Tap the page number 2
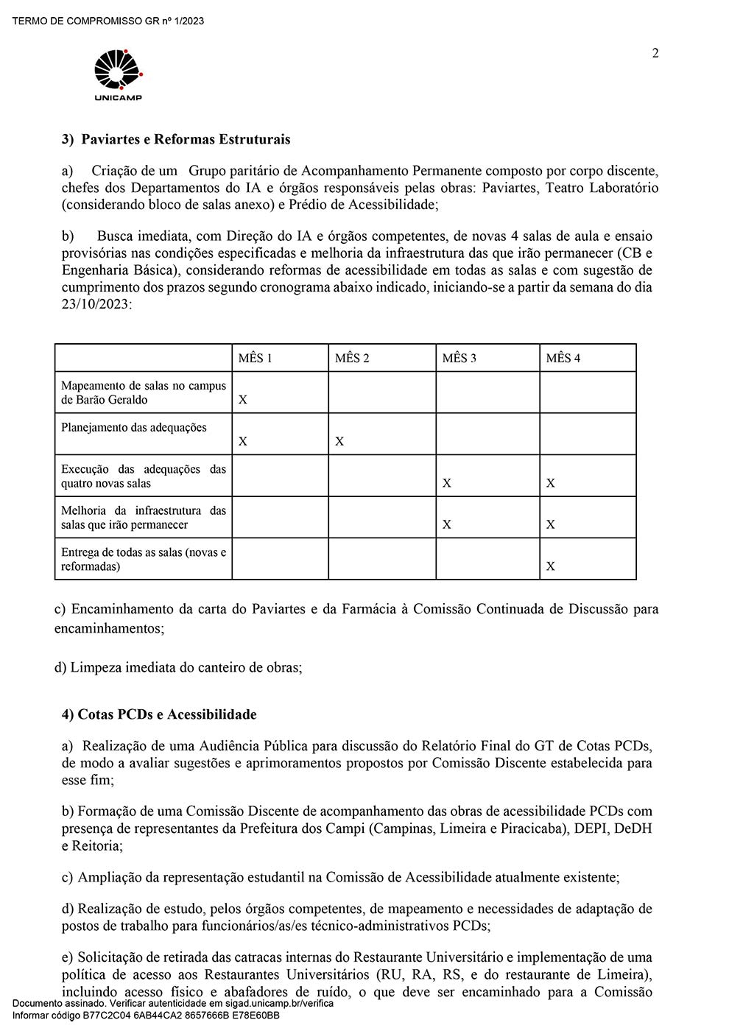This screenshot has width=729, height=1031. click(x=655, y=53)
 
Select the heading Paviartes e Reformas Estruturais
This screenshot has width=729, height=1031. click(x=185, y=139)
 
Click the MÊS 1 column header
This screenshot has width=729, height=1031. click(x=255, y=358)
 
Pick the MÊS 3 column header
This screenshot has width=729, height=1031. click(x=459, y=358)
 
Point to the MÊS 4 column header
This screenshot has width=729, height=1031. click(x=563, y=358)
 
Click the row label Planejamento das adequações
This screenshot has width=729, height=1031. click(x=134, y=428)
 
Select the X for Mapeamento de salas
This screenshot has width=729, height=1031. click(x=243, y=400)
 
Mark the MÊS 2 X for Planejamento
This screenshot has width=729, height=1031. click(x=339, y=441)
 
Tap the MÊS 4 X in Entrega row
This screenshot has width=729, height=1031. click(x=551, y=566)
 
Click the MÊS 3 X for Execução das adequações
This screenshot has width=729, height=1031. click(x=447, y=483)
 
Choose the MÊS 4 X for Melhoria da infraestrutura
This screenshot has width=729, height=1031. click(x=551, y=524)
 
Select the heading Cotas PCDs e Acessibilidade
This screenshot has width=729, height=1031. click(x=167, y=714)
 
